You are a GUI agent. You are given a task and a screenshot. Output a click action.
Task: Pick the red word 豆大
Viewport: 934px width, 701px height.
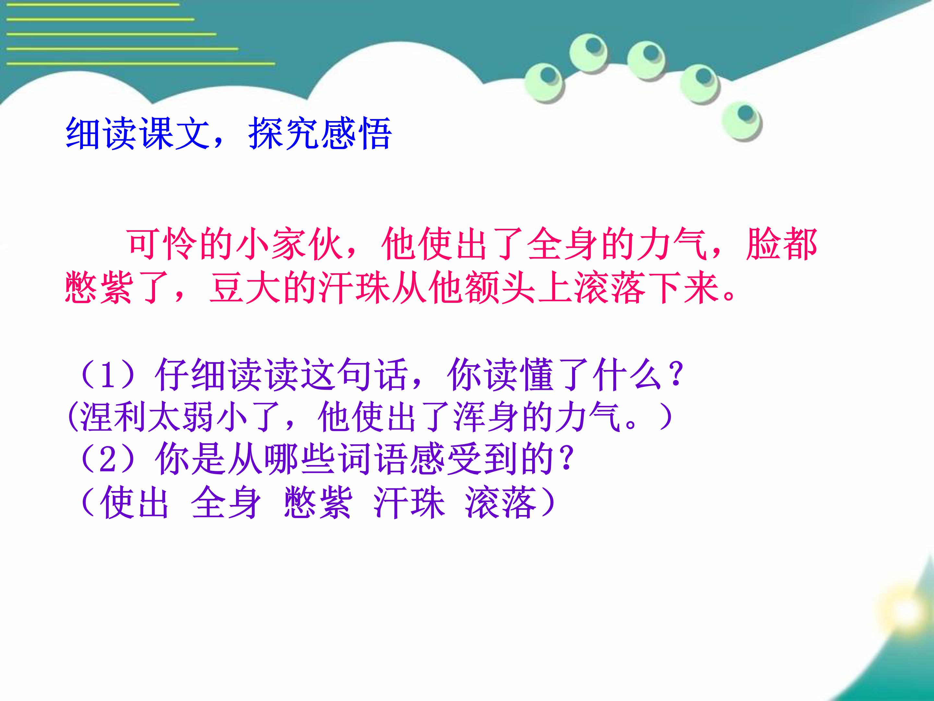click(246, 289)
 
